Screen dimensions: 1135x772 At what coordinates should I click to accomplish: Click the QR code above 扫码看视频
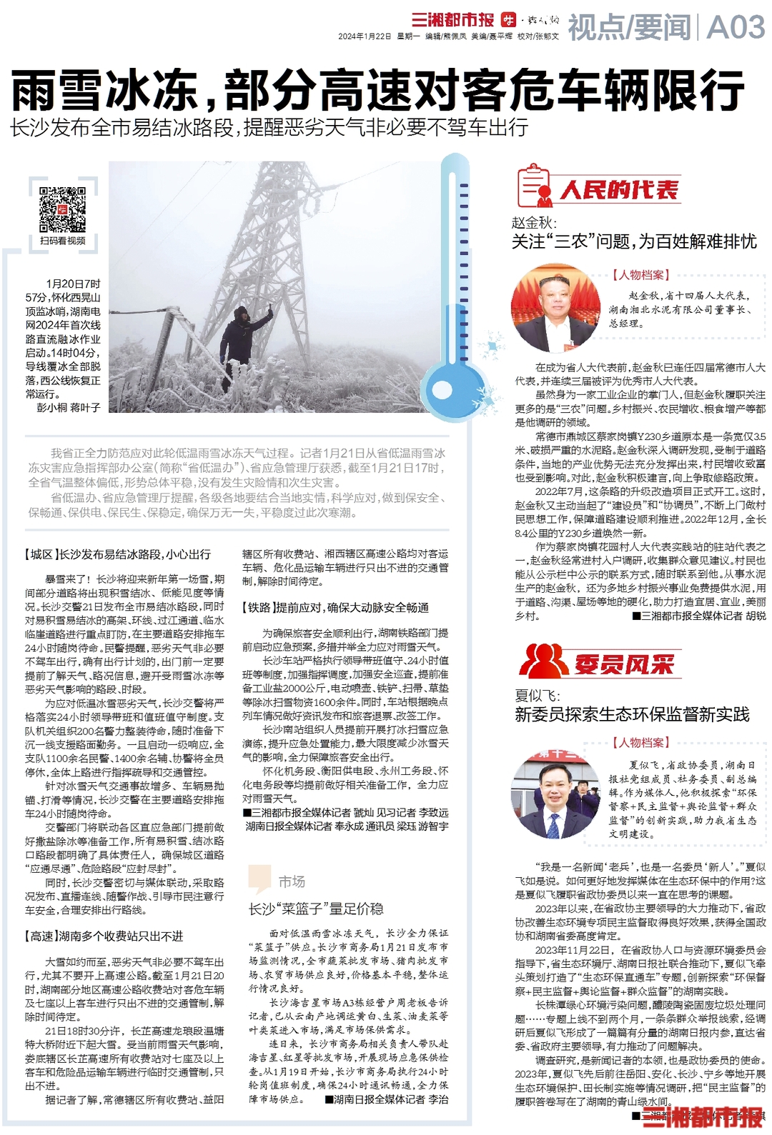(62, 209)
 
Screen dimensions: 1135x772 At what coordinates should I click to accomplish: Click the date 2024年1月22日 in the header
(365, 36)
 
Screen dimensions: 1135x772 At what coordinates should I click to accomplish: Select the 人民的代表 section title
(619, 190)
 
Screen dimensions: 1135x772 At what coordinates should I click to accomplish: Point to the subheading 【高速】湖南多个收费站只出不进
(104, 936)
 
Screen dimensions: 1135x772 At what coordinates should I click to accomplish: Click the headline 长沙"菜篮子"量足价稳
(315, 909)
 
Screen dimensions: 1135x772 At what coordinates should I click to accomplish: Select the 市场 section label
(292, 881)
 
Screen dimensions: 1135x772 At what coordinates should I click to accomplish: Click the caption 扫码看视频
(63, 241)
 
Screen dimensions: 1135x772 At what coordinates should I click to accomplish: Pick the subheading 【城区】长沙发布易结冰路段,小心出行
(118, 554)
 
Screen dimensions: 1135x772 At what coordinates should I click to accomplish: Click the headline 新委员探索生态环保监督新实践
(632, 714)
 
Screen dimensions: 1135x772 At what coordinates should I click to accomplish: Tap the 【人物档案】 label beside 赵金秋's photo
(640, 275)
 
